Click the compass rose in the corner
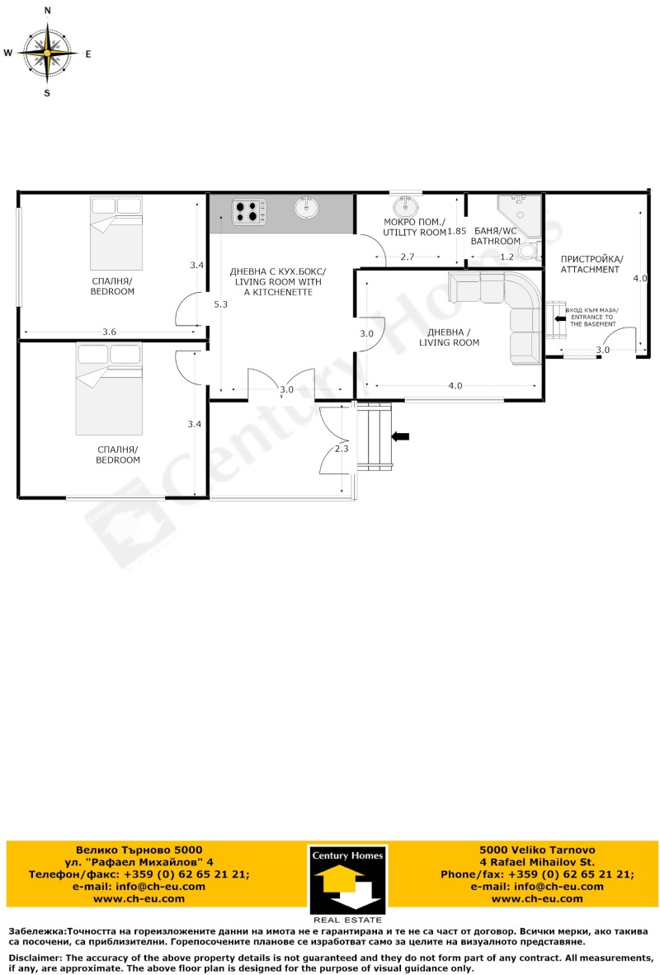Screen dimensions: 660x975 coord(47,54)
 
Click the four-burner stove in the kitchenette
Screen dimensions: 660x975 coord(249,211)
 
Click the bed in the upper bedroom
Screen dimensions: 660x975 coord(116,233)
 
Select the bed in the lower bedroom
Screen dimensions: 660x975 coord(109,389)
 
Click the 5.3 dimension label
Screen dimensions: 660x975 coord(221,304)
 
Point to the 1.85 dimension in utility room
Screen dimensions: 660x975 coord(456,231)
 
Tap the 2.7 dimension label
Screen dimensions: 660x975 coord(408,257)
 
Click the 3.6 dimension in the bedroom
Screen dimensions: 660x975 coord(110,332)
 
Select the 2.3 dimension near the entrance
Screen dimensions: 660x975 coord(342,449)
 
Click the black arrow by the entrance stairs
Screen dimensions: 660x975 coord(400,436)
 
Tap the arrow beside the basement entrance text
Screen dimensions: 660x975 coord(560,318)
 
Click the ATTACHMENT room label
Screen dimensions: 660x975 coord(591,269)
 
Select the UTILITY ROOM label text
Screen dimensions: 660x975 coord(414,233)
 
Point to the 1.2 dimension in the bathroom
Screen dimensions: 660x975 coord(507,257)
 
